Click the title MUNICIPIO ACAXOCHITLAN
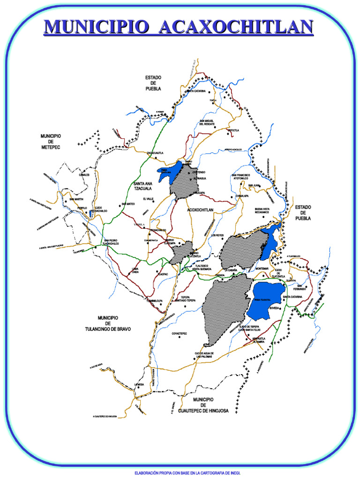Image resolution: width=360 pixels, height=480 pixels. pyautogui.click(x=178, y=27)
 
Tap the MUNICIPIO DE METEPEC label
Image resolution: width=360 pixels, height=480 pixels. pyautogui.click(x=51, y=142)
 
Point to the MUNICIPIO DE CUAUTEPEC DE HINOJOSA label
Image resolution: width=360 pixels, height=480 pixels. pyautogui.click(x=203, y=405)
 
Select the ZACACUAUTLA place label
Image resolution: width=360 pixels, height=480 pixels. pyautogui.click(x=155, y=153)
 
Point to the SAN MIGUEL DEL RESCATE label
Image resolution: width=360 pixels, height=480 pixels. pyautogui.click(x=207, y=122)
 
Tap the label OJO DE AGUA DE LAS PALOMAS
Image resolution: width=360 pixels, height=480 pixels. pyautogui.click(x=205, y=355)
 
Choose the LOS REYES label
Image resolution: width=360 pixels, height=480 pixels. pyautogui.click(x=217, y=235)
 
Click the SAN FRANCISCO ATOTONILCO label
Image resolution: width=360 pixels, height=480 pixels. pyautogui.click(x=240, y=177)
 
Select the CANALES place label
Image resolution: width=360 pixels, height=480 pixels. pyautogui.click(x=84, y=174)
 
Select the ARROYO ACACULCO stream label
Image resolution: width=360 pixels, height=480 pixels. pyautogui.click(x=233, y=150)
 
